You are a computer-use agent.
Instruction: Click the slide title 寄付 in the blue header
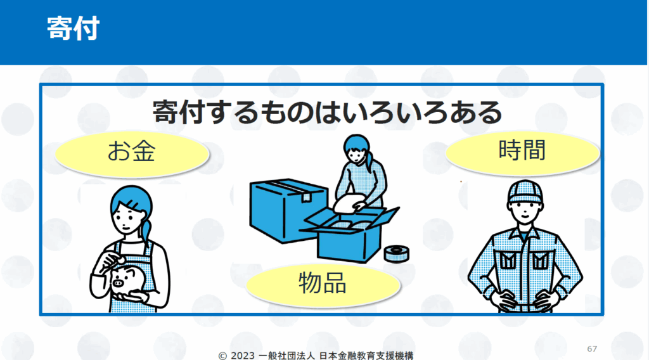(74, 28)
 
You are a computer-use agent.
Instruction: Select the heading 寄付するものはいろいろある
(327, 112)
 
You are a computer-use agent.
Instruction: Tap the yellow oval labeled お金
(132, 154)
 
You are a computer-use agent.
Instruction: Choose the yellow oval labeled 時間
(522, 152)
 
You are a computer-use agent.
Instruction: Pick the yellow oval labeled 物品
(323, 285)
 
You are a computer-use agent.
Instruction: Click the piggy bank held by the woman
(126, 280)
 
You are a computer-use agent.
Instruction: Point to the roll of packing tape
(396, 254)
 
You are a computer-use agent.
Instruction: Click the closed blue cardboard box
(288, 209)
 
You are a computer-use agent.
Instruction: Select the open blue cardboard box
(350, 235)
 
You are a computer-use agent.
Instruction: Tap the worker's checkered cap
(525, 191)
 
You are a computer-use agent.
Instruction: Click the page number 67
(592, 349)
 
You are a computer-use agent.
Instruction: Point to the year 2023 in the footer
(243, 356)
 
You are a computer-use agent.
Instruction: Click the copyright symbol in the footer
(222, 356)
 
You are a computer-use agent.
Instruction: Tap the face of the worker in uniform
(525, 212)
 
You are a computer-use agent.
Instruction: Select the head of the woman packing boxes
(357, 148)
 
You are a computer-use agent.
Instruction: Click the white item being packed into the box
(347, 203)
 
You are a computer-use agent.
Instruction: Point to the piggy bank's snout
(118, 283)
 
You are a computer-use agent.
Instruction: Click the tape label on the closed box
(306, 197)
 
